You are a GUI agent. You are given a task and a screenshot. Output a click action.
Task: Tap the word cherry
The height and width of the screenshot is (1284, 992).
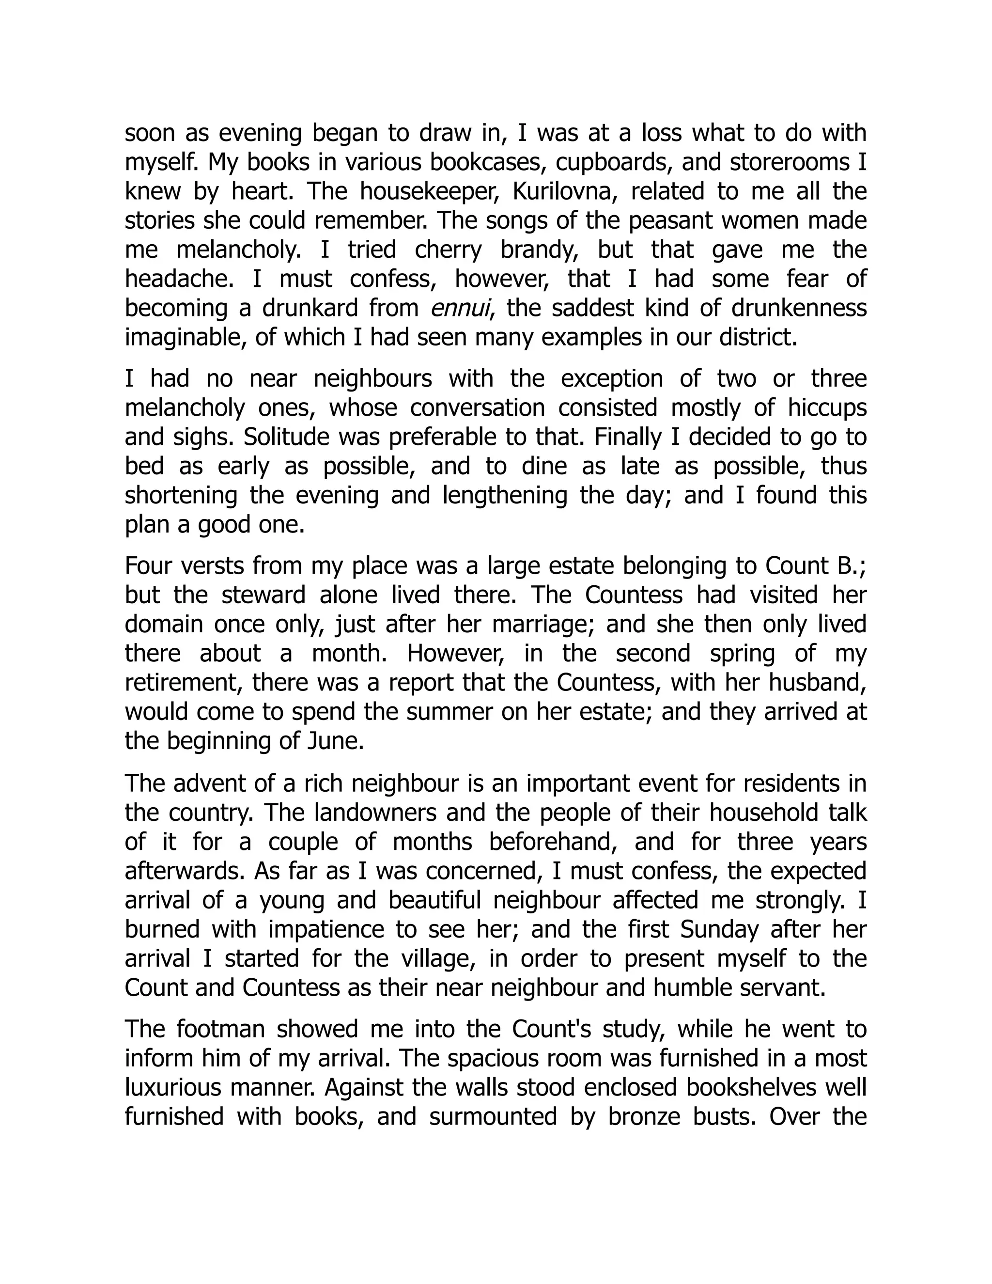click(x=449, y=250)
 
